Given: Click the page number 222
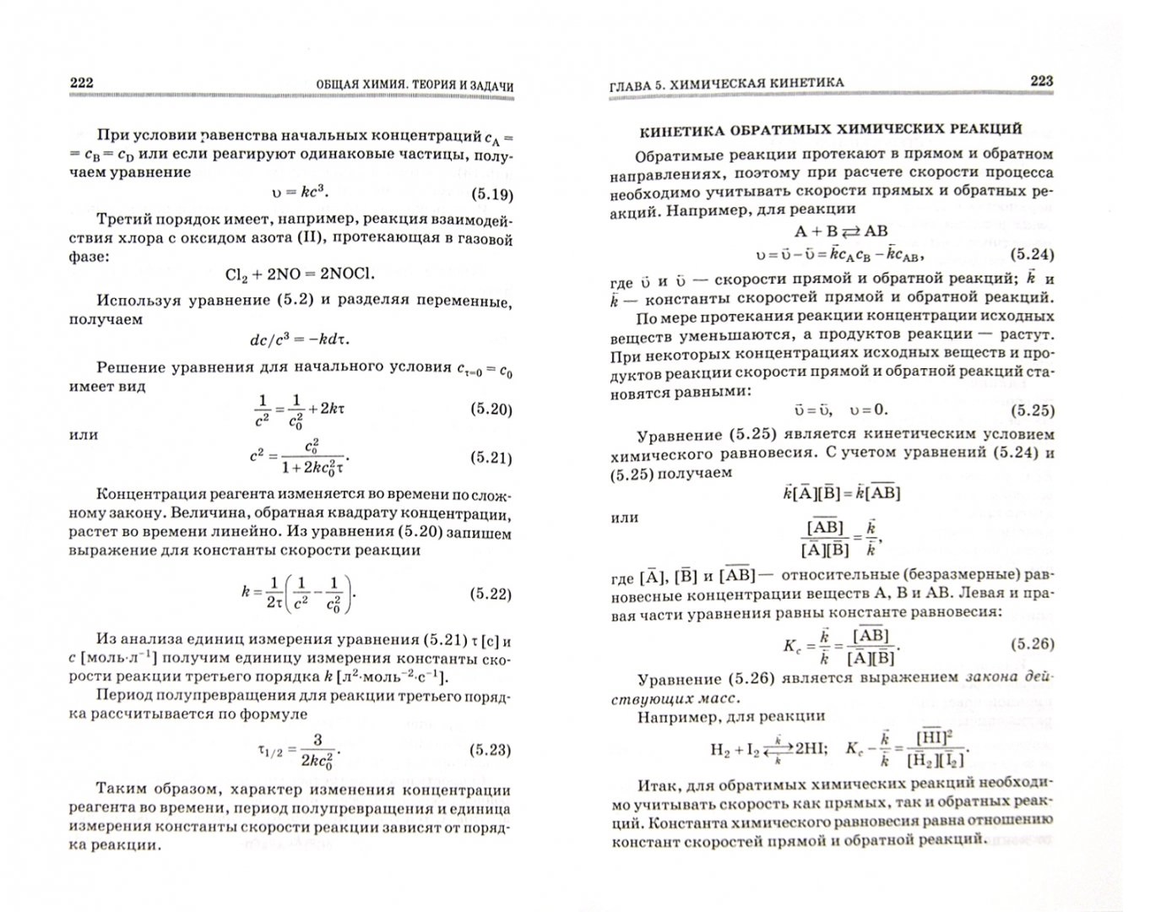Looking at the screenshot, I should [81, 82].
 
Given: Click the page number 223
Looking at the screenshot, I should [1041, 81].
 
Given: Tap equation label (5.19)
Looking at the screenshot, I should [491, 195].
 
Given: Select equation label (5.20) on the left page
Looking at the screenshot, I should [491, 410].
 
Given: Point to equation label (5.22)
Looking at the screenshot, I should [491, 594].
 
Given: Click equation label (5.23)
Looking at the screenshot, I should [491, 750].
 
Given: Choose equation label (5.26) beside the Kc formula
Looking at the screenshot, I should [1033, 643].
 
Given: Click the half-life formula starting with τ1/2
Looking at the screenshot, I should [301, 750].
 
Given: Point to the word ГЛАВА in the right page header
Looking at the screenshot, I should [634, 84].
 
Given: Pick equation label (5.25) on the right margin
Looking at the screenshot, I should [1033, 410].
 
